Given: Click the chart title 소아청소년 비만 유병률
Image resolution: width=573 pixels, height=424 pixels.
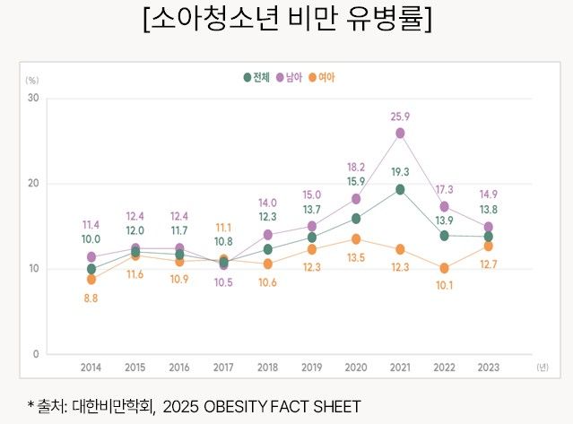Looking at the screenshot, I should [x=287, y=20].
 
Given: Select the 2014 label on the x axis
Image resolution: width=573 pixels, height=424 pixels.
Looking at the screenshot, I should [x=91, y=368].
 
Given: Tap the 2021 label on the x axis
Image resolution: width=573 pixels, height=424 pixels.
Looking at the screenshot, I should [x=400, y=368].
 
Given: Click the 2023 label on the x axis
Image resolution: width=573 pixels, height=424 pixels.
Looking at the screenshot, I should [x=488, y=368].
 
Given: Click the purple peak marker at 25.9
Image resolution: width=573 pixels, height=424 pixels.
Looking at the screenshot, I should [x=400, y=133].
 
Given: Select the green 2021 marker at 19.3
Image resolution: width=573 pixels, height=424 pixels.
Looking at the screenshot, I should [x=400, y=189].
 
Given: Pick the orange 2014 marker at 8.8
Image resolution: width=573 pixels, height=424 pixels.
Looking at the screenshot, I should [x=91, y=280].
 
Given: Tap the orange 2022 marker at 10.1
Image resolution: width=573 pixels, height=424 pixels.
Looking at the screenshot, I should [x=444, y=268].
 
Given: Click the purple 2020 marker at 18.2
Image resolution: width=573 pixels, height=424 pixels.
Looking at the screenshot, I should [x=356, y=199].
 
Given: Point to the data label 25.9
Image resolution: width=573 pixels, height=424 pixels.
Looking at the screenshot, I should [x=400, y=117].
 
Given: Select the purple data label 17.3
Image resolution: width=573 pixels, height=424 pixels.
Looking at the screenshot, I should [x=444, y=189].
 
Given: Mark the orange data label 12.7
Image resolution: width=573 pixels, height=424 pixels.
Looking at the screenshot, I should [x=488, y=264].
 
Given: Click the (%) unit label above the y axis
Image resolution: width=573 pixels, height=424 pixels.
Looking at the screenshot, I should [x=32, y=81].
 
